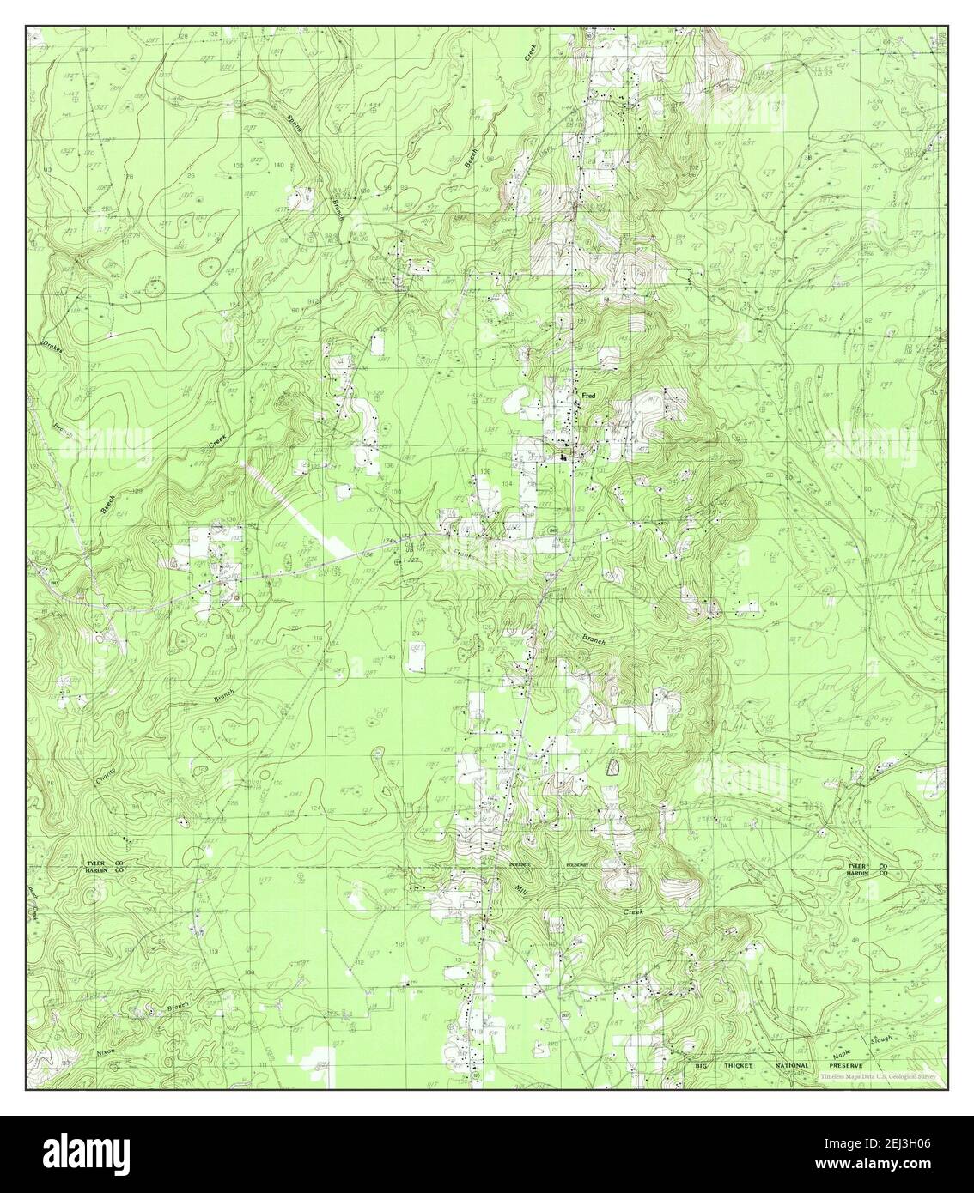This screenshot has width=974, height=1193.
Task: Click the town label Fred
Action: click(588, 396)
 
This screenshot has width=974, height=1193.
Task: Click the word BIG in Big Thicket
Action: click(703, 1065)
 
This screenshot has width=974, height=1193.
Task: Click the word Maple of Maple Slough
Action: click(843, 1050)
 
